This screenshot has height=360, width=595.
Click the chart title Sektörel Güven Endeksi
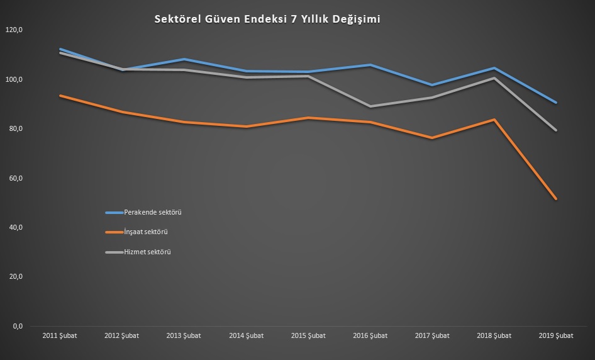click(267, 20)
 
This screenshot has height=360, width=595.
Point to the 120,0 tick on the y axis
click(13, 30)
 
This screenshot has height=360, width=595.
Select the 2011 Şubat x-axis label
click(60, 335)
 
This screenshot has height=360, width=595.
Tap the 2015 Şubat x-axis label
click(308, 335)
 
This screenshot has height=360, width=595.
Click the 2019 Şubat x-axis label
click(557, 335)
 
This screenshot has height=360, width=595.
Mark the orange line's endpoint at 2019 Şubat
click(556, 199)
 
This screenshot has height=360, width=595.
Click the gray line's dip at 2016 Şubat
click(370, 106)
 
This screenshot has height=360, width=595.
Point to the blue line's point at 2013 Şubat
click(184, 59)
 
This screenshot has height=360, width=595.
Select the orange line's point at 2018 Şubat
click(494, 120)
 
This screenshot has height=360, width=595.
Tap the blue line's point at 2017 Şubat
click(432, 85)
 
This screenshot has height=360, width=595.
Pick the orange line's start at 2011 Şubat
click(60, 96)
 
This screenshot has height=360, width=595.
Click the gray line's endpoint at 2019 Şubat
click(556, 130)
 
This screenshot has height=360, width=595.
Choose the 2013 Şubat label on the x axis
click(184, 335)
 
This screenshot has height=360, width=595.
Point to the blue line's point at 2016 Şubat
click(370, 65)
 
